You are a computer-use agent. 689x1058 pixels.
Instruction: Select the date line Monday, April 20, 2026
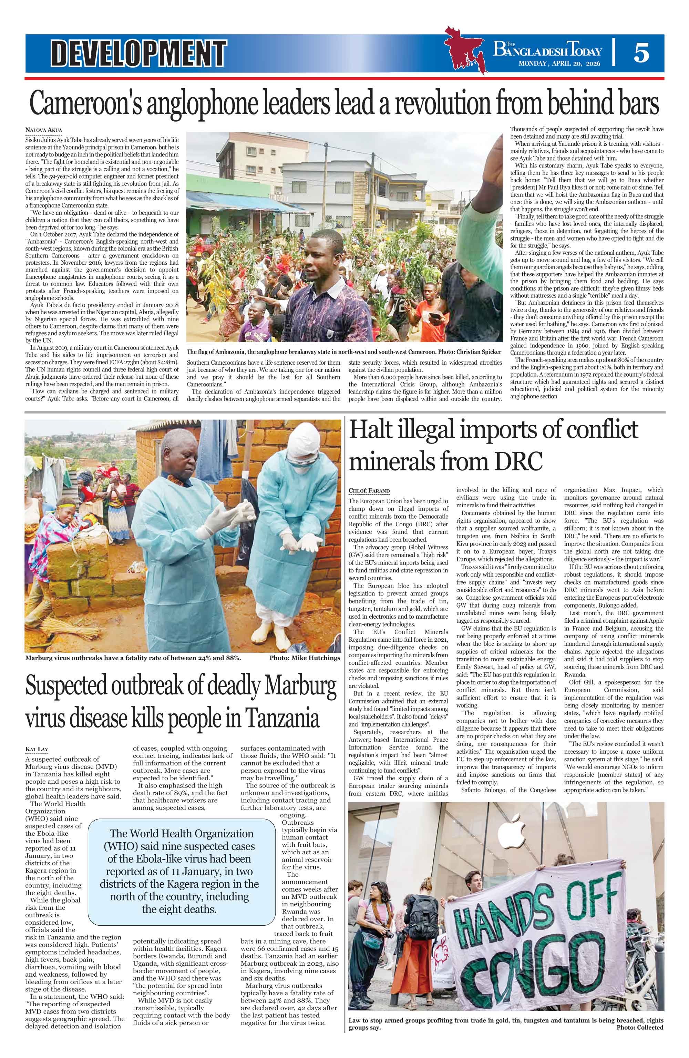(560, 63)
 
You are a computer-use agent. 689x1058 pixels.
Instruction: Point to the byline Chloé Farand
(369, 491)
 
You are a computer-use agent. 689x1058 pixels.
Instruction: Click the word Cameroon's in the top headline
(98, 104)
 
